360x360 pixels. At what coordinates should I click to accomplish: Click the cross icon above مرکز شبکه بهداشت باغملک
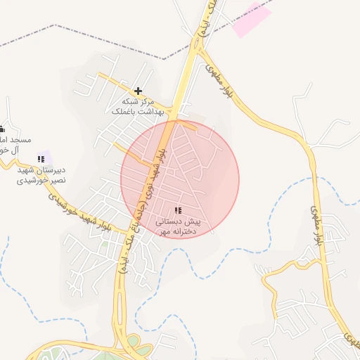tap(138, 91)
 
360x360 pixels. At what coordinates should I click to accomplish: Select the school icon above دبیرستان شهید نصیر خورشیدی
tap(41, 160)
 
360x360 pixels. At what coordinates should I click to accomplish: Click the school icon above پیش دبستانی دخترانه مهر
tap(177, 210)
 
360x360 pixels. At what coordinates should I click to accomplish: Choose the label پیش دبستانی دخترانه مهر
tap(179, 226)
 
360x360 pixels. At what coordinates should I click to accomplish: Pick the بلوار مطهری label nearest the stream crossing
tap(318, 225)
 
